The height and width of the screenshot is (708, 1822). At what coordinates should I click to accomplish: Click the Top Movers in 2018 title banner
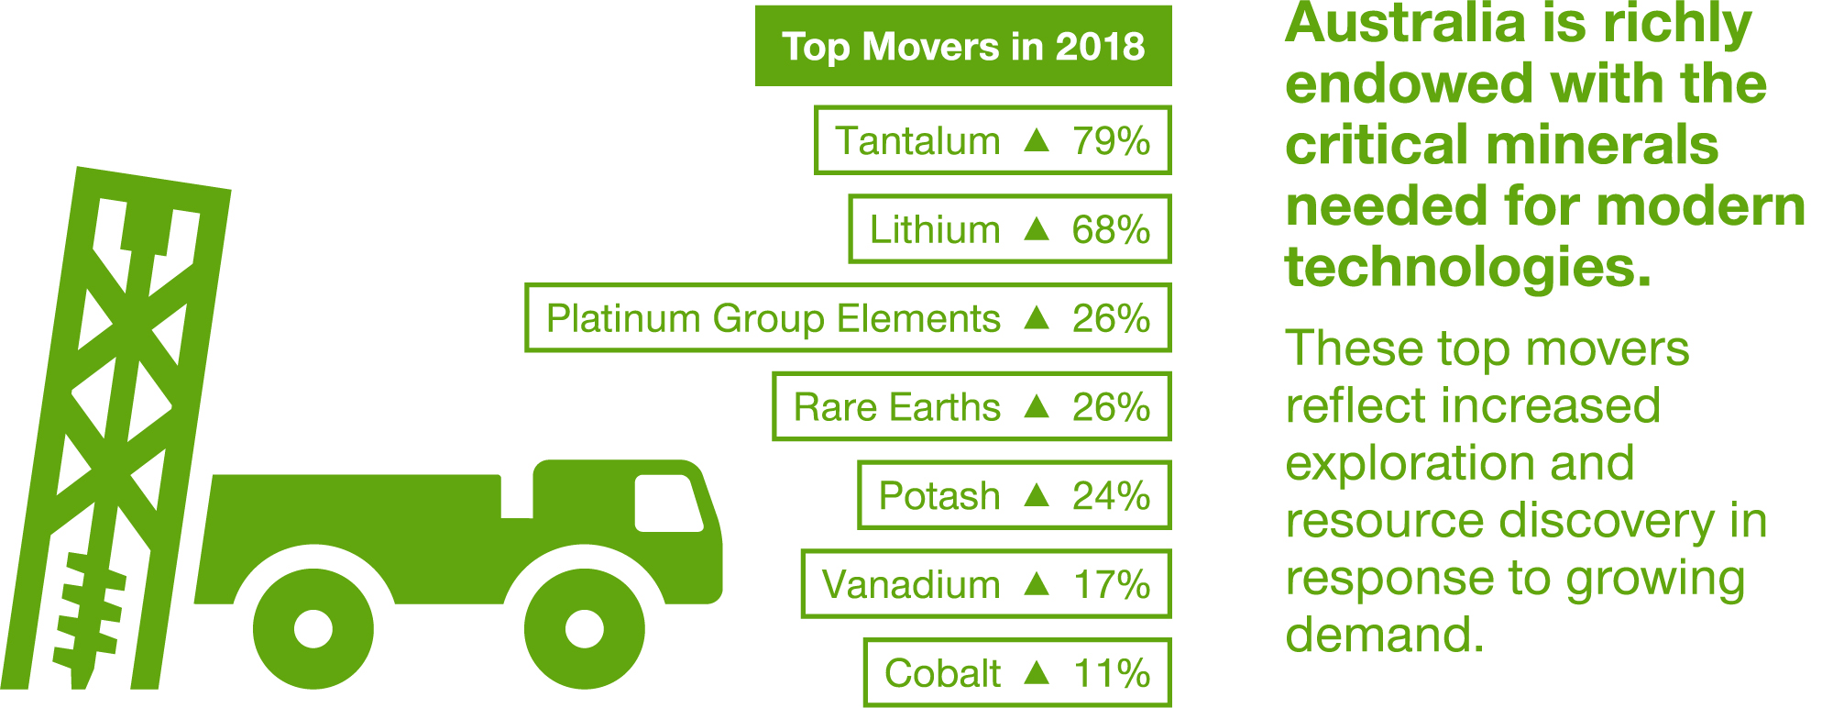962,47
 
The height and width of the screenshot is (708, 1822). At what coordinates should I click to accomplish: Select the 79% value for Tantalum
1111,141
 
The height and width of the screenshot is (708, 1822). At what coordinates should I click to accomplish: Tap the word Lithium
934,230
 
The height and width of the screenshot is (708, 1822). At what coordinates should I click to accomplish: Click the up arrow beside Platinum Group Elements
1036,318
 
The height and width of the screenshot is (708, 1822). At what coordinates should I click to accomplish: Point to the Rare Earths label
896,407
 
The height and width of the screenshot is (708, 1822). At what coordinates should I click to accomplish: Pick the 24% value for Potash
1111,496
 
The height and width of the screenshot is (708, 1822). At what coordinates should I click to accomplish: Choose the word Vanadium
910,585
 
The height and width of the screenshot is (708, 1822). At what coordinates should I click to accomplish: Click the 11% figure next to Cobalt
1111,674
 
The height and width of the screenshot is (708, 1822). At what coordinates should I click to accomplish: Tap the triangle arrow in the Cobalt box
1036,673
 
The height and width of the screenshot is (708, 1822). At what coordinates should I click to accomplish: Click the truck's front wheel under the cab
584,629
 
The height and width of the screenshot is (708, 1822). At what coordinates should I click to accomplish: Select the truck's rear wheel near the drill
313,629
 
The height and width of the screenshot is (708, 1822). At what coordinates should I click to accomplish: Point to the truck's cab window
667,503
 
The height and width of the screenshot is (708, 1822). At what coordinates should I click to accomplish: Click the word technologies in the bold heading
1467,267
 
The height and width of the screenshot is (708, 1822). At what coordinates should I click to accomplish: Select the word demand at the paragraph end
1383,635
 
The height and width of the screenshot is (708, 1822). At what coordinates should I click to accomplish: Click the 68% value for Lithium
1111,230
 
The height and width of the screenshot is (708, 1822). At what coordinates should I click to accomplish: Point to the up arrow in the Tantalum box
1036,140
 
